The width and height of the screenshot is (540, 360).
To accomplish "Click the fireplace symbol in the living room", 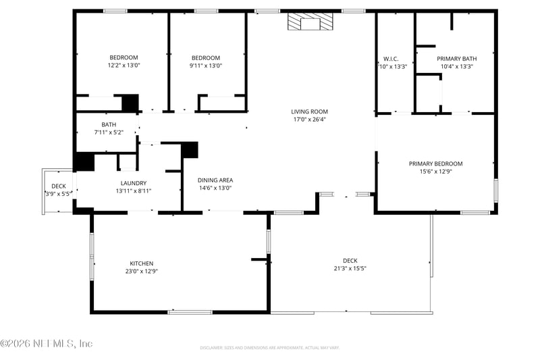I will pos(310,22).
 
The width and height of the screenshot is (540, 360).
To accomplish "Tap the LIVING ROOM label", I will pos(309,111).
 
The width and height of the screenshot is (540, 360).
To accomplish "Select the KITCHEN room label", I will pos(142,263).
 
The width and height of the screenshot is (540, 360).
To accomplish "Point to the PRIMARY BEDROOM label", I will pos(435,163).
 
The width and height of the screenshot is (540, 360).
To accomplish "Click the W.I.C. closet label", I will pos(391,58).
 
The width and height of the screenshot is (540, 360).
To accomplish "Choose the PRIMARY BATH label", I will pos(456,58).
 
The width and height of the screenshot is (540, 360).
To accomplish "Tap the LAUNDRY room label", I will pos(133,183).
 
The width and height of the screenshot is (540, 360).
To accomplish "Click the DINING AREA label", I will pos(215,180).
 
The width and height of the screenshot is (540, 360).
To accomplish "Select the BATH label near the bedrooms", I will pos(109,124).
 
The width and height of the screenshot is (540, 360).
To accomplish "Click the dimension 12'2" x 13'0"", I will pos(124,66).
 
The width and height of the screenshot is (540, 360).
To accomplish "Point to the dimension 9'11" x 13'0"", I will pos(205,66).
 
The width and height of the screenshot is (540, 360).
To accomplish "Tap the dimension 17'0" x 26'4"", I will pos(309,120).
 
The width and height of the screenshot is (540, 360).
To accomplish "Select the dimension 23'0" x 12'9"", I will pos(142,272).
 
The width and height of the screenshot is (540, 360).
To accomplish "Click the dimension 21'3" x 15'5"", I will pos(350,268).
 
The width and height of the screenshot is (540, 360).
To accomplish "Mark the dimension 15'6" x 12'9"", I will pos(435,172).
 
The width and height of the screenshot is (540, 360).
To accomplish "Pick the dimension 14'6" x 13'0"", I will pos(215,188).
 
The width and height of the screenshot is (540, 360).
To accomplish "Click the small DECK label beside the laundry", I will pos(59,186).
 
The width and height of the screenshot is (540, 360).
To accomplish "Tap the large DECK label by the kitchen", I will pos(350,261).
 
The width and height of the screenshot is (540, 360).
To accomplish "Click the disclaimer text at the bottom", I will pos(269,348).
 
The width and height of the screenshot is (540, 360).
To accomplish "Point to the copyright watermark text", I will pos(47,344).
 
